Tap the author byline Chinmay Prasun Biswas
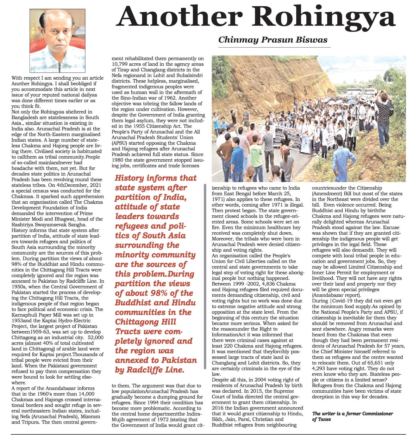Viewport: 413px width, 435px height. [x=272, y=40]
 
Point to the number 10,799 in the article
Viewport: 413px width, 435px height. [x=119, y=64]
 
